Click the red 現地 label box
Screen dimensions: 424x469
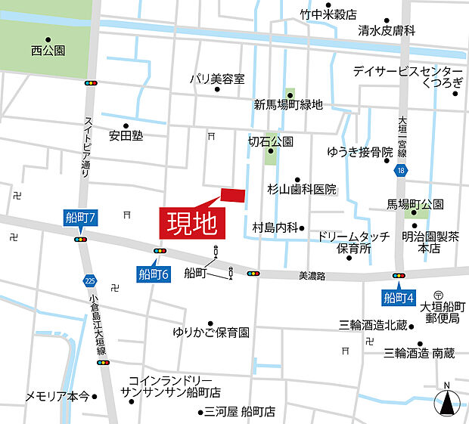coord(192,222)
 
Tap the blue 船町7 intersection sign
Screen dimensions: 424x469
coord(81,219)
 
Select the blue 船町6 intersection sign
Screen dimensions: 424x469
coord(154,273)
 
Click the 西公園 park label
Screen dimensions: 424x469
coord(48,51)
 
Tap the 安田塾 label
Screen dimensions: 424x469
coord(126,137)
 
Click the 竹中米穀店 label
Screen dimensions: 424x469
coord(328,14)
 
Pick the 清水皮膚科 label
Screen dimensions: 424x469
coord(387,31)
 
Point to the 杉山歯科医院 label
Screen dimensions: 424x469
coord(302,189)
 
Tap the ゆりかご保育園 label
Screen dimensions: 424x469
coord(211,332)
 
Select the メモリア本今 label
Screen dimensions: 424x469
coord(57,396)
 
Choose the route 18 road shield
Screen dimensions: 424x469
coord(399,172)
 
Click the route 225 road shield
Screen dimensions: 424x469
coord(91,280)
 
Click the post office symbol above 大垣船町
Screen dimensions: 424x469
coord(438,294)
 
